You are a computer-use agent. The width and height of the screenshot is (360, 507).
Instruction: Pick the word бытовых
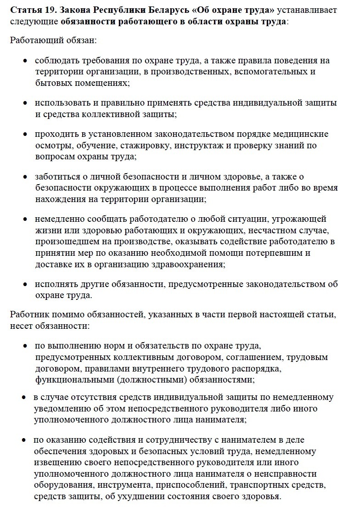[x=52, y=83]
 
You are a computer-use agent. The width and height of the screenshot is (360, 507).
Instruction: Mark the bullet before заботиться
[x=25, y=177]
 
